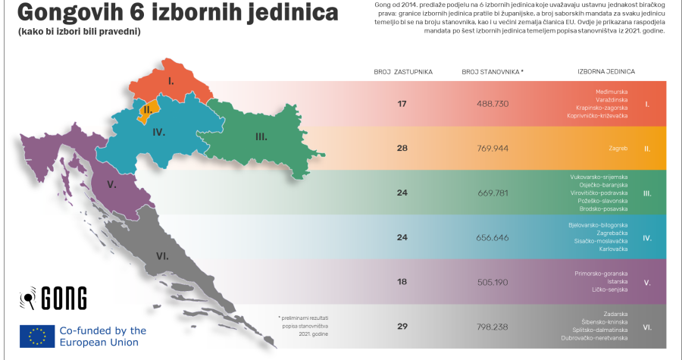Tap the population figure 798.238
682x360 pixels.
pyautogui.click(x=492, y=327)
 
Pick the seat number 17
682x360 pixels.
pyautogui.click(x=402, y=102)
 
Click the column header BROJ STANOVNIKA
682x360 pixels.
pyautogui.click(x=492, y=71)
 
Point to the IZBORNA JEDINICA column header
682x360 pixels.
pyautogui.click(x=605, y=71)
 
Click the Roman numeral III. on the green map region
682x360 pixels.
pyautogui.click(x=261, y=136)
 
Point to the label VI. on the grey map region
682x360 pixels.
pyautogui.click(x=162, y=256)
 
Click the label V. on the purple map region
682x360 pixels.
pyautogui.click(x=111, y=184)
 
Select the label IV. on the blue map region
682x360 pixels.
pyautogui.click(x=158, y=131)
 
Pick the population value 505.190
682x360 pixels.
pyautogui.click(x=492, y=282)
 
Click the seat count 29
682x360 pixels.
pyautogui.click(x=402, y=327)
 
